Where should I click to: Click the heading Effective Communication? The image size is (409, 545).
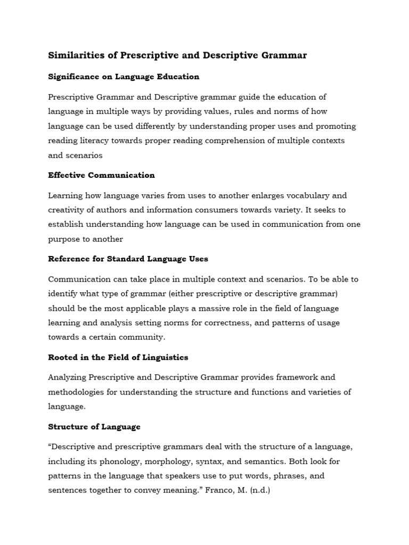coord(101,175)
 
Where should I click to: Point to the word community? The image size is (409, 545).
coord(143,337)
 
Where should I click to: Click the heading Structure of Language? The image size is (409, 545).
coord(94,427)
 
